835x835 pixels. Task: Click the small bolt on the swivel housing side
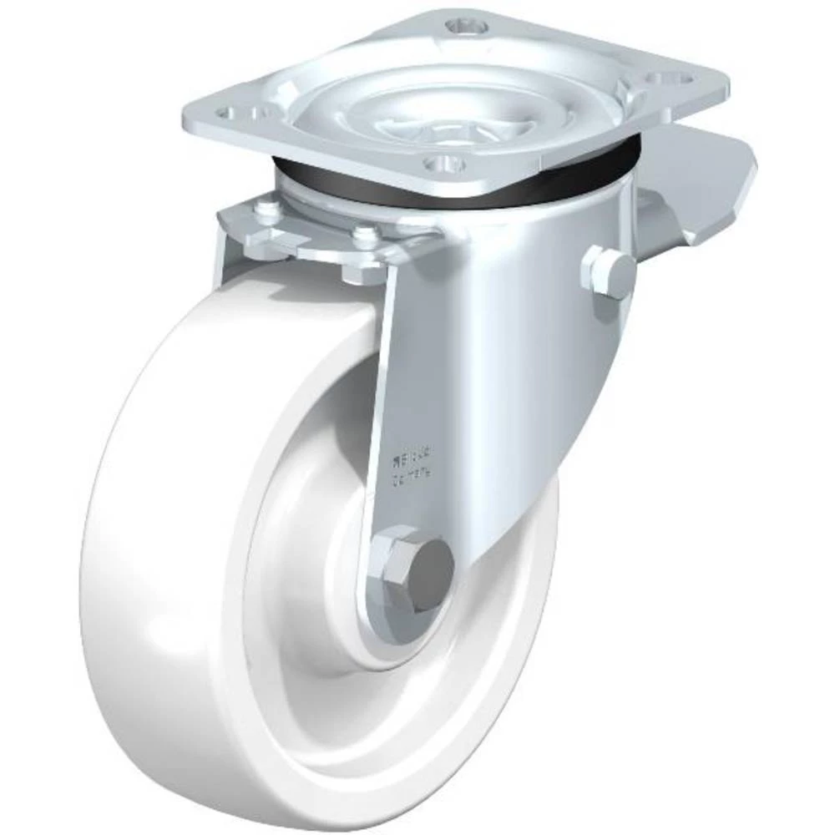click(609, 269)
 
